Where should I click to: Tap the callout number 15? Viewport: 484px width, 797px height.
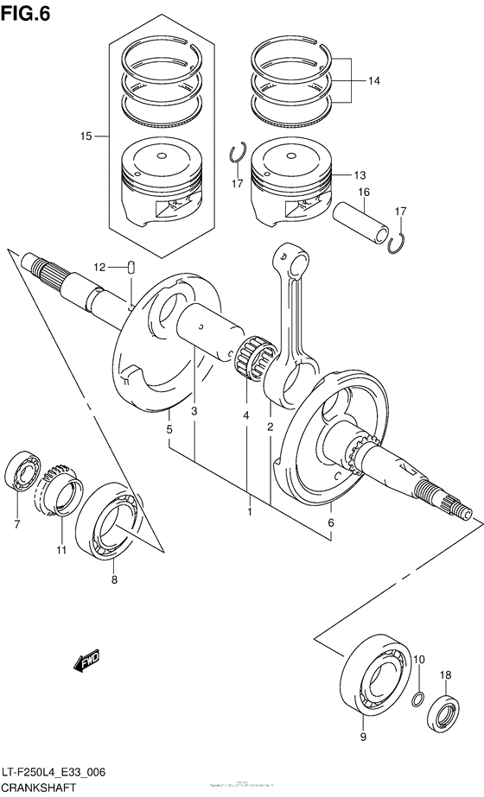coord(86,136)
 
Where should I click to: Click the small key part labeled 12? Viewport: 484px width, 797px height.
coord(131,267)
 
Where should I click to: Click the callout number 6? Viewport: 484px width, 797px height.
coord(330,522)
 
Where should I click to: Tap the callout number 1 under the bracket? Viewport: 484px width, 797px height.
coord(250,512)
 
